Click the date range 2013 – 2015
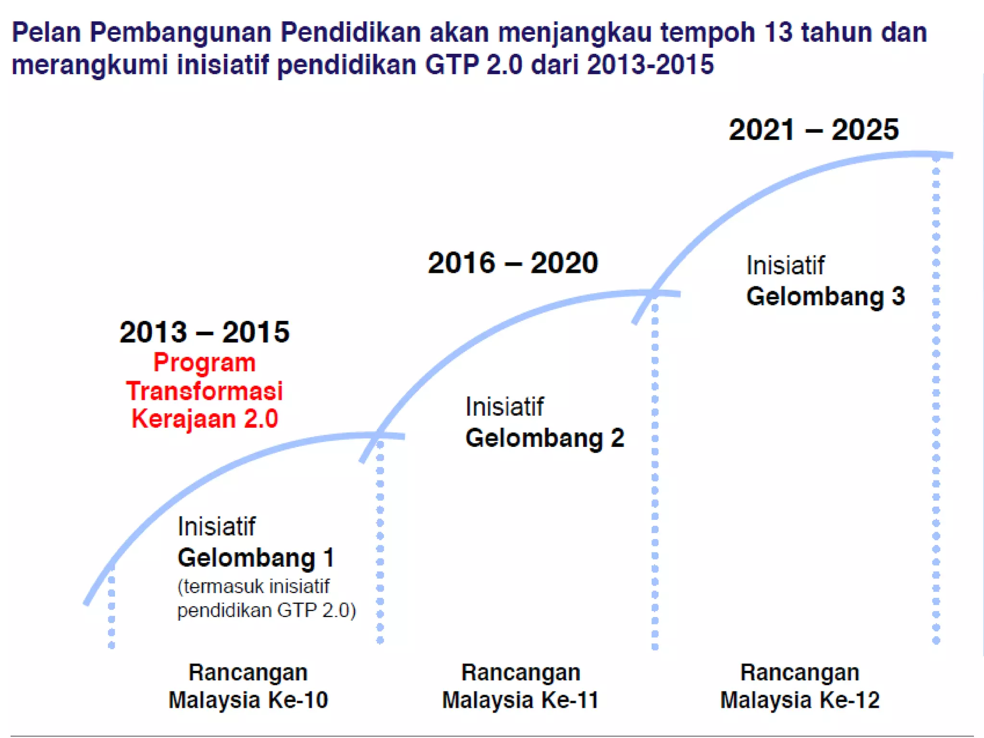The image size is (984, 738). pos(205,332)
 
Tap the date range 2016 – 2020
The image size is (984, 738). pos(513,263)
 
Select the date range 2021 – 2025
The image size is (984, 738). pos(813,130)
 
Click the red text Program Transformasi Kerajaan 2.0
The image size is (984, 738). pos(205,390)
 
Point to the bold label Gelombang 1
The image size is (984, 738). pos(256,558)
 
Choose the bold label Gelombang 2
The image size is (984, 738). pos(544,438)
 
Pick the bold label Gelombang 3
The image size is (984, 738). pos(825,296)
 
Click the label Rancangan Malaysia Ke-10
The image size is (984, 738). pos(248,686)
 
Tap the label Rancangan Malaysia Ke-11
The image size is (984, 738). pos(521,686)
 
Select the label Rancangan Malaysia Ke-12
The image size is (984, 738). pos(800,686)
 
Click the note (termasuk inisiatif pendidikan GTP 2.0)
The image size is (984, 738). pos(267,598)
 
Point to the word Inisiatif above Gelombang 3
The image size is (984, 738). pos(785,265)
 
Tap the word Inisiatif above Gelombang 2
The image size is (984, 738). pos(504,406)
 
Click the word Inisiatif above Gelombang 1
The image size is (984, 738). pos(216,526)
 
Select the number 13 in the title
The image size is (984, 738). pos(777,33)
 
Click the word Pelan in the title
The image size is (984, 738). pos(46,33)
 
